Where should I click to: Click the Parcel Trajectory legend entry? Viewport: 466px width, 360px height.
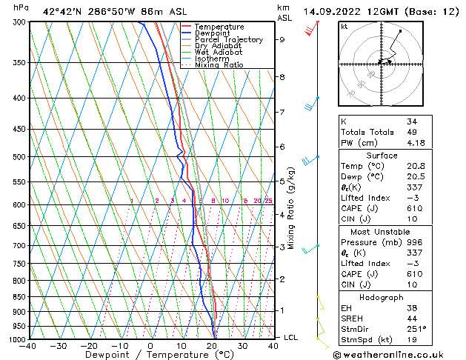click(x=228, y=39)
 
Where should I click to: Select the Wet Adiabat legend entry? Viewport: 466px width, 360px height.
click(x=218, y=52)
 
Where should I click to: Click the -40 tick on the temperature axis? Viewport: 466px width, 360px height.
click(x=28, y=346)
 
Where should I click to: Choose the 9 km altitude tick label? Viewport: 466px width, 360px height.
click(x=282, y=40)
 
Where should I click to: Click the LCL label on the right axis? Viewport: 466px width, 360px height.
click(x=292, y=337)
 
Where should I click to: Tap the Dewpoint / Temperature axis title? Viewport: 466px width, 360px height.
click(x=150, y=355)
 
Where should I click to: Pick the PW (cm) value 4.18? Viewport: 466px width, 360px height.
click(x=415, y=143)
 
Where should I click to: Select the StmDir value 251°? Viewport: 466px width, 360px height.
click(x=416, y=330)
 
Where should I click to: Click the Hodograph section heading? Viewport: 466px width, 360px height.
click(x=382, y=297)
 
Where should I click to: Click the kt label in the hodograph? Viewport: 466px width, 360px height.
click(x=344, y=27)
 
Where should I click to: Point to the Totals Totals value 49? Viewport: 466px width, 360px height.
click(x=412, y=132)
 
